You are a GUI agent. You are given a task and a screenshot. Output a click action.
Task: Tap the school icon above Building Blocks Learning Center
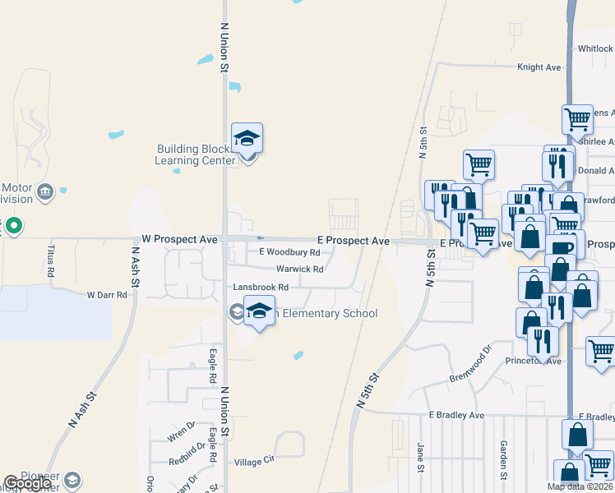[x=246, y=137]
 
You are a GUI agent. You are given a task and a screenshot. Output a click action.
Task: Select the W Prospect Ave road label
[x=179, y=239]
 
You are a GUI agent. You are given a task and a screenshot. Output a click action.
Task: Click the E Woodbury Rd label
[x=289, y=252]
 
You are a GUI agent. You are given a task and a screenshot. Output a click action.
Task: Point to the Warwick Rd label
[x=299, y=269]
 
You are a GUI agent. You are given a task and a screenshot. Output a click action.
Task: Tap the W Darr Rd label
[x=107, y=294]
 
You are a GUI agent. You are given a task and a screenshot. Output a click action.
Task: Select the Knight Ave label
[x=539, y=67]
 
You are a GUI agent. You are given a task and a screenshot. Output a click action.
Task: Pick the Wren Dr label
[x=181, y=426]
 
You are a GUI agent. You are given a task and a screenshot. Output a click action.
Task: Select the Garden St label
[x=502, y=458]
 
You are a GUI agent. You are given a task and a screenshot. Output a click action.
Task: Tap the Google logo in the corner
[x=27, y=484]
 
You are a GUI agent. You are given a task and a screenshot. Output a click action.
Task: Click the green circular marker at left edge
[x=13, y=225]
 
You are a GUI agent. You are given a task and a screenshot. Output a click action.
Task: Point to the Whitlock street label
[x=594, y=49]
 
